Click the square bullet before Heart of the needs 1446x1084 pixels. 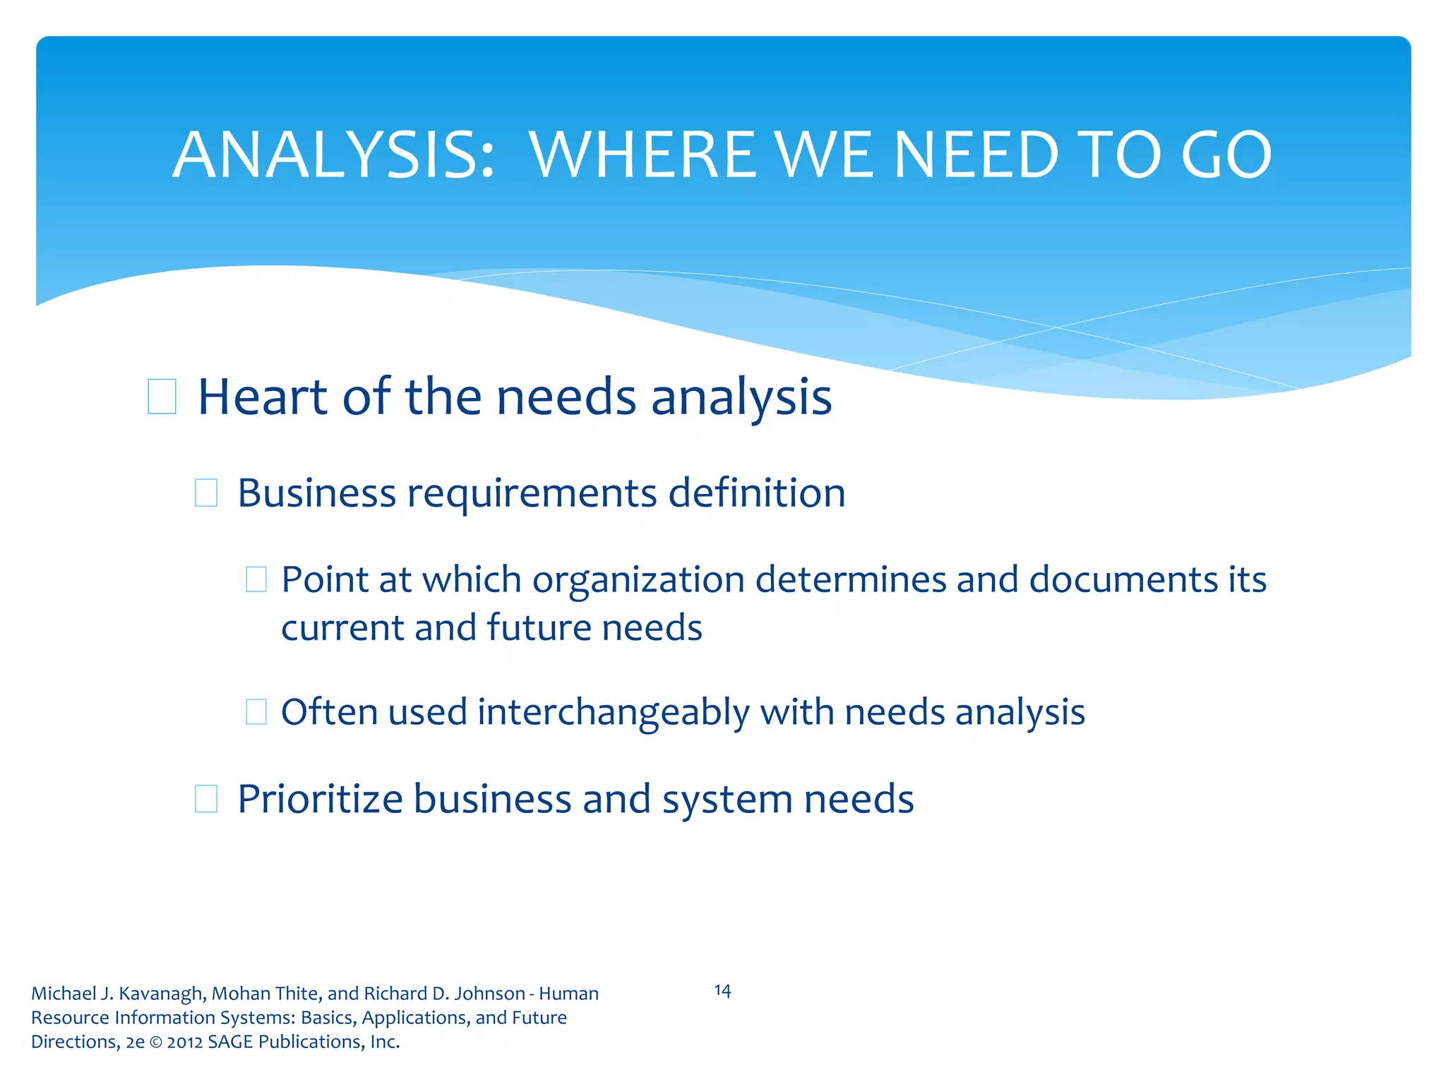[x=162, y=397]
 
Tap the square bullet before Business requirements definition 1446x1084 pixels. [x=205, y=493]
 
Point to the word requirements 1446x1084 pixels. [x=532, y=493]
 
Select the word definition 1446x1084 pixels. [x=756, y=493]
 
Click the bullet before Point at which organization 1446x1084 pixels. [x=256, y=579]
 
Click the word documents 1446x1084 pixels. [x=1123, y=579]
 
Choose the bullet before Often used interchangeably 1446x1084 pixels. [x=256, y=712]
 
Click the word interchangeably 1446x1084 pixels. [x=613, y=712]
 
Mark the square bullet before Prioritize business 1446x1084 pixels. [x=205, y=799]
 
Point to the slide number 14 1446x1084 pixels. [x=722, y=991]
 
